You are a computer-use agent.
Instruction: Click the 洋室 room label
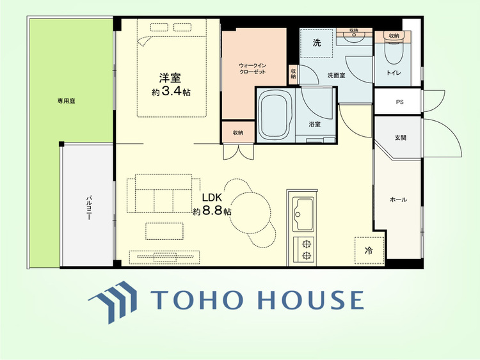tap(170, 78)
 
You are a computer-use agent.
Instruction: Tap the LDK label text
tap(212, 198)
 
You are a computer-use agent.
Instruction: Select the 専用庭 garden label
tap(66, 101)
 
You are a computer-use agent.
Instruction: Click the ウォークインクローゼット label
tap(253, 69)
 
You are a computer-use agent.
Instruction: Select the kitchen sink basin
tap(303, 214)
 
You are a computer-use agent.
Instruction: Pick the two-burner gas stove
tap(304, 249)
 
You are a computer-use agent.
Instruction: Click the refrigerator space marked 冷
tap(369, 251)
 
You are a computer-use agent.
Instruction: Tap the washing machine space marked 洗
tap(316, 43)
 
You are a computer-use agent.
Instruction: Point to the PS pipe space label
tap(399, 102)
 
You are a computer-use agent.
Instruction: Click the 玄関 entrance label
tap(400, 137)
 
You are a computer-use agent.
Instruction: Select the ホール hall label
tap(398, 200)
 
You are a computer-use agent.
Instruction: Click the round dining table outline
tap(250, 212)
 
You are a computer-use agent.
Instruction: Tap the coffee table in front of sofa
tap(164, 231)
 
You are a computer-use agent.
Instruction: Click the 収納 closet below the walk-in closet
tap(238, 132)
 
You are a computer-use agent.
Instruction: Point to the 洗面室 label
tap(336, 75)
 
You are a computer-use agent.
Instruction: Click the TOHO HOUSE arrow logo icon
tap(113, 302)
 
